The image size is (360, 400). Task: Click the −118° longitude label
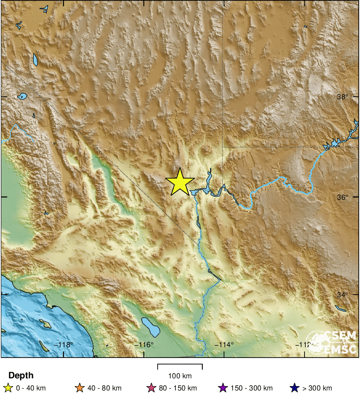pos(64,345)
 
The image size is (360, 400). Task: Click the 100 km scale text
pos(180,376)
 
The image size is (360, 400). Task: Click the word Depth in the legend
pos(21,376)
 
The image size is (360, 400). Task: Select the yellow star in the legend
pos(7,388)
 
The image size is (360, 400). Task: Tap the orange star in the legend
pos(79,388)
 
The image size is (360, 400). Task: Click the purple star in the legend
pos(224,388)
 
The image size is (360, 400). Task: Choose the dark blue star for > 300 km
pos(295,388)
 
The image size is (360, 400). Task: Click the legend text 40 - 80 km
pos(105,388)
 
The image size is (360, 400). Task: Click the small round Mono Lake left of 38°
pos(23,96)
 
